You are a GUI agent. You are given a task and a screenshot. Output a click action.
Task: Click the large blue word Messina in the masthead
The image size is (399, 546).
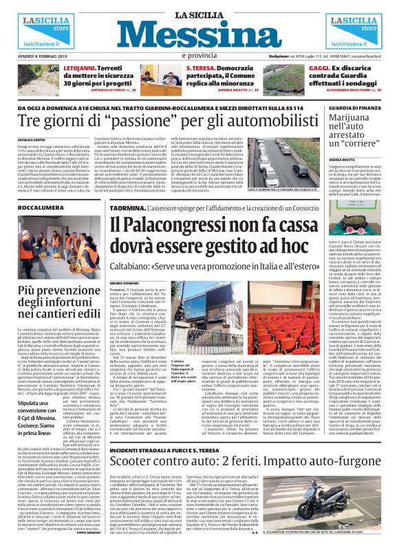pyautogui.click(x=199, y=34)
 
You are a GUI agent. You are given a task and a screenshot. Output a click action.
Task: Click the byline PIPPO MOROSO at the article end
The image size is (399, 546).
pyautogui.click(x=89, y=532)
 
